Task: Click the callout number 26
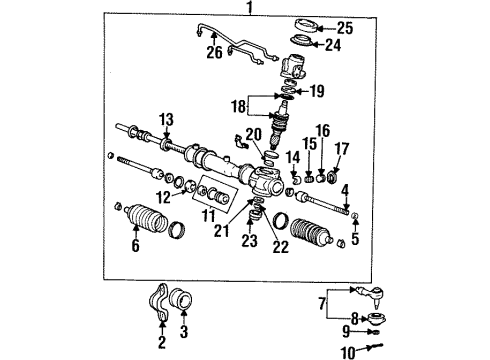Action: (214, 52)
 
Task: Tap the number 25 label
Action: (345, 28)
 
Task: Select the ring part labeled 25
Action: (305, 26)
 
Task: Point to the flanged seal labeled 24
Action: (301, 42)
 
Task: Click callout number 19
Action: (317, 91)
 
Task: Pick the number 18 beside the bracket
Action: (239, 107)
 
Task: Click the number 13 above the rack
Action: (166, 119)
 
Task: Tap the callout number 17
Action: (342, 149)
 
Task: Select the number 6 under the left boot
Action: (135, 246)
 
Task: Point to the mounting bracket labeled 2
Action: (159, 302)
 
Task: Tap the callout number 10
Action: (348, 352)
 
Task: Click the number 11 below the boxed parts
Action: (209, 216)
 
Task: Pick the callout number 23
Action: (250, 240)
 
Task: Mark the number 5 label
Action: (355, 239)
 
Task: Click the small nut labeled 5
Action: (355, 216)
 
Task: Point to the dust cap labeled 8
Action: (376, 318)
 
